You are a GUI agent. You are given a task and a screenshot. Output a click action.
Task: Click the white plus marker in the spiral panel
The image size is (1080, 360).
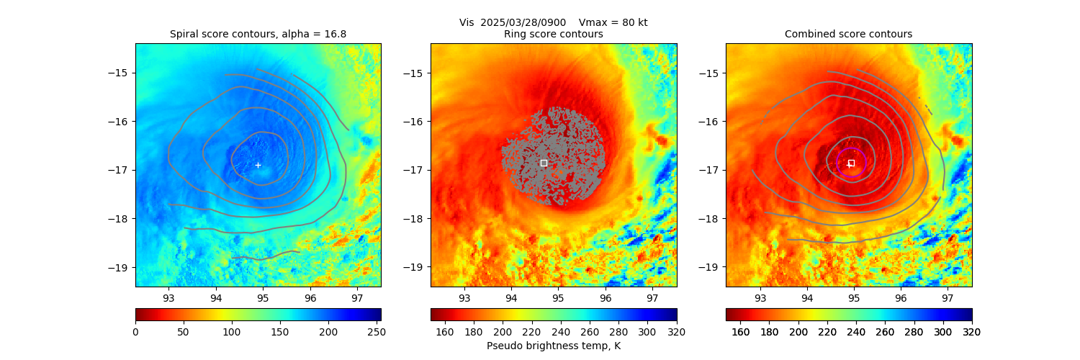click(258, 165)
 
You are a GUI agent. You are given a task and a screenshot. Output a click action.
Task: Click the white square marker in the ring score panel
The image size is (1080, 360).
click(544, 163)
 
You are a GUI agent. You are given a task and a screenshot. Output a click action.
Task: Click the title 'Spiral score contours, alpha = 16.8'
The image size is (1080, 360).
click(258, 34)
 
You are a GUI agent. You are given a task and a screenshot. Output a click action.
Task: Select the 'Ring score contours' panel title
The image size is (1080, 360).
click(553, 34)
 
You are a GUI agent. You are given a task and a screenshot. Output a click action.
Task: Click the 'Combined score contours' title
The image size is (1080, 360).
click(848, 34)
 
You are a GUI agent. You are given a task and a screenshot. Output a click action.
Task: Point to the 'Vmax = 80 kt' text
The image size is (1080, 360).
click(613, 22)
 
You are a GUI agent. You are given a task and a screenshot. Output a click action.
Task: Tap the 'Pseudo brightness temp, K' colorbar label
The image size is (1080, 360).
click(553, 346)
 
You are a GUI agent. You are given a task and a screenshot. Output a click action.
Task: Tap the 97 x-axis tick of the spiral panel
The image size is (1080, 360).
click(357, 297)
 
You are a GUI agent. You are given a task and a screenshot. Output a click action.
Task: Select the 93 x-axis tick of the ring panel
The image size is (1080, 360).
click(464, 297)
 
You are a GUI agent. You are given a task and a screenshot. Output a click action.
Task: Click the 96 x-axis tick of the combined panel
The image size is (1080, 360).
click(901, 297)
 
